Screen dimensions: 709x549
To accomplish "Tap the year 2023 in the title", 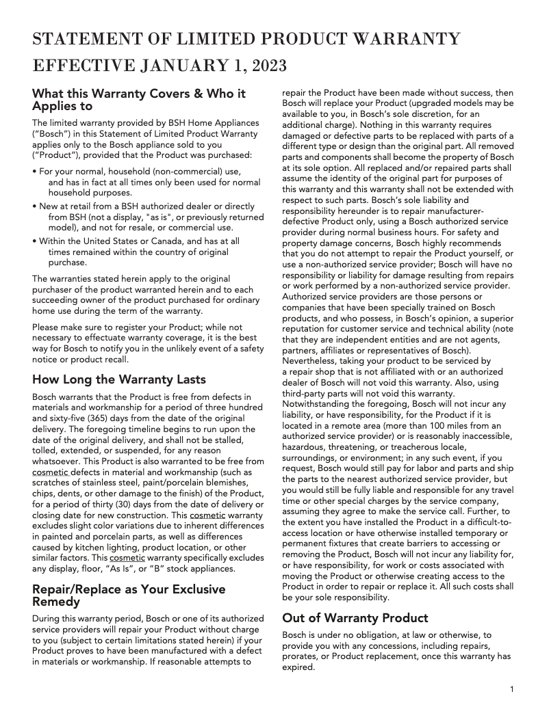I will click(269, 66).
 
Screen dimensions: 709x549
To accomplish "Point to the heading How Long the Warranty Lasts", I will click(119, 379).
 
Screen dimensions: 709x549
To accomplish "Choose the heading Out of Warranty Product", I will click(355, 618).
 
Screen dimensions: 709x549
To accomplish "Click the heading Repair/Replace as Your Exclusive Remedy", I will click(129, 596).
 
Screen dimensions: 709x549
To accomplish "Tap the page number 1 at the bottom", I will click(511, 689).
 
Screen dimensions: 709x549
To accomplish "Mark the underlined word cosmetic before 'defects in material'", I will click(51, 472).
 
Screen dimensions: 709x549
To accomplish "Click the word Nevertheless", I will click(313, 361).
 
